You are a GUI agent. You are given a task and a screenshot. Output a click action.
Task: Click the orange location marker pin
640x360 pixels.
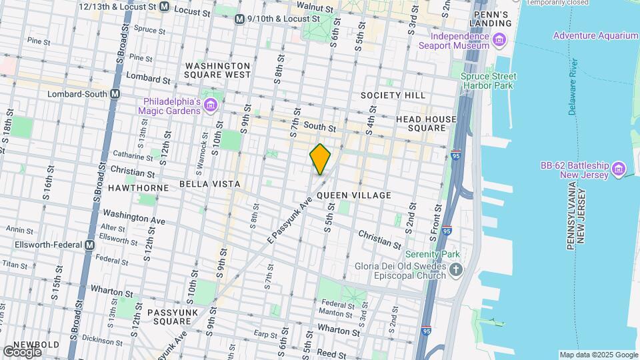click(x=321, y=159)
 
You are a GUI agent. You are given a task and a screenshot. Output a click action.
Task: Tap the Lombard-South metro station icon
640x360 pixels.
click(x=115, y=94)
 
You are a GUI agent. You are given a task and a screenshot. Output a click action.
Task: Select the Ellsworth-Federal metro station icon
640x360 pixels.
click(x=89, y=245)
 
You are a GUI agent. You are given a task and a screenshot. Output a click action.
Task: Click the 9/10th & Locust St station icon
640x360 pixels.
click(x=239, y=19)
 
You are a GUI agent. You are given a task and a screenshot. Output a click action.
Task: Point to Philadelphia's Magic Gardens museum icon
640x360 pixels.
click(x=211, y=105)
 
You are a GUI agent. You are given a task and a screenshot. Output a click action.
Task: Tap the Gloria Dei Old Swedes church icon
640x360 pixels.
click(x=456, y=269)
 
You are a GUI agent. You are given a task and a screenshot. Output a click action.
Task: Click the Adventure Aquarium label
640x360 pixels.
click(x=595, y=35)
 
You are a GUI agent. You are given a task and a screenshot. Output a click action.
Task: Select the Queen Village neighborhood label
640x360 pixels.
click(x=353, y=195)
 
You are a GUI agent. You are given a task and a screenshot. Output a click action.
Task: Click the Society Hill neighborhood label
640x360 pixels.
click(x=393, y=95)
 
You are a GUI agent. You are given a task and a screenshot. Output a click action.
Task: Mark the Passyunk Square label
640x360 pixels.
click(x=169, y=316)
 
